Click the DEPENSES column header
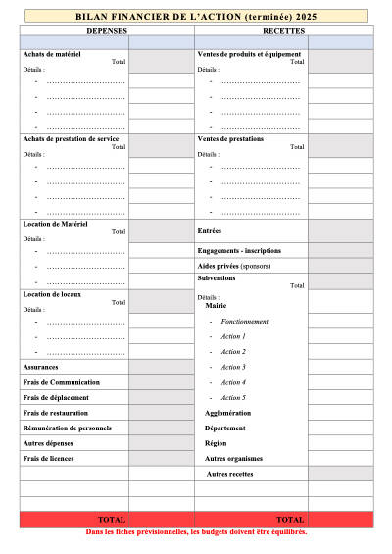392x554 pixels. click(x=106, y=31)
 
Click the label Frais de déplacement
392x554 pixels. click(x=56, y=397)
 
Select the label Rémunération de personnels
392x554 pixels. click(x=67, y=428)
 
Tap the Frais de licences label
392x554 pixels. click(x=49, y=458)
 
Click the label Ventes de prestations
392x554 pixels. click(x=230, y=139)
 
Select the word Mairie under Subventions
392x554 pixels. click(x=216, y=306)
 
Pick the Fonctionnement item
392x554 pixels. click(x=245, y=322)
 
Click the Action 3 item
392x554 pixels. click(x=233, y=367)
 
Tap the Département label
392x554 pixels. click(x=225, y=428)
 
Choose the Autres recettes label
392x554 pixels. click(x=229, y=474)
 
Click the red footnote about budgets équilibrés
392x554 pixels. click(x=196, y=532)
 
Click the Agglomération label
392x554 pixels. click(x=227, y=413)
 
